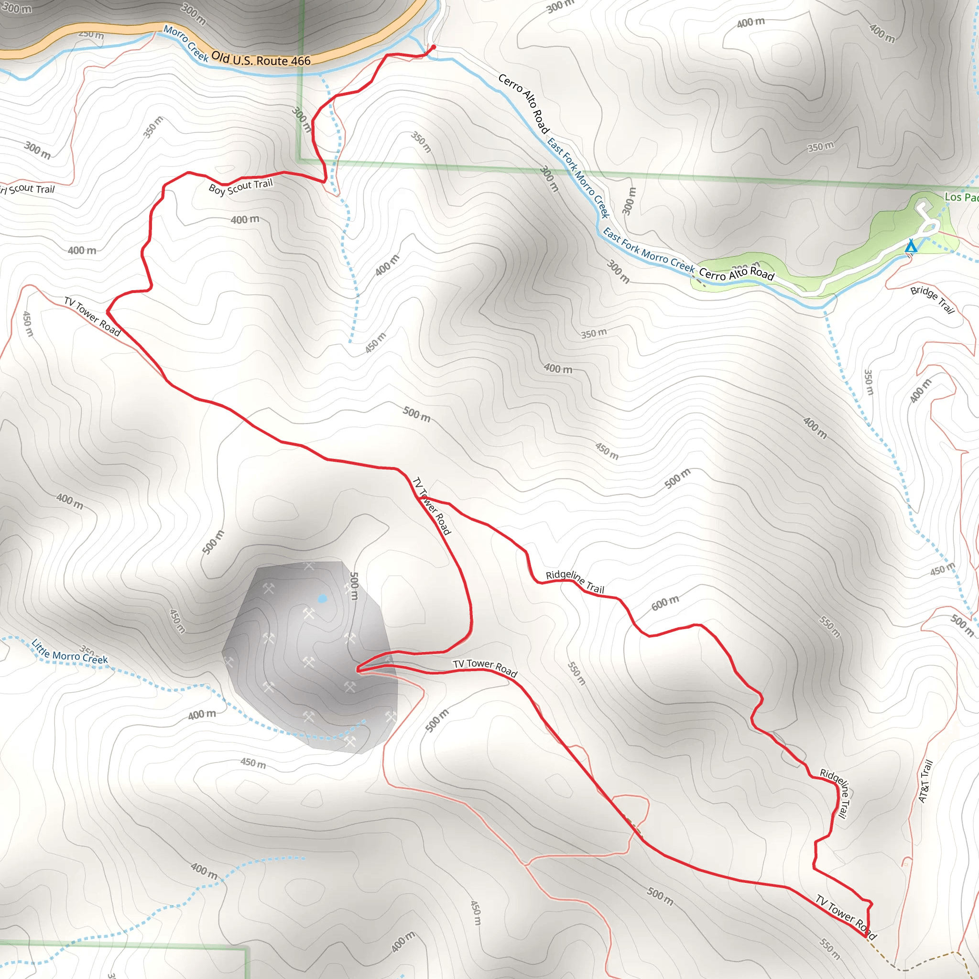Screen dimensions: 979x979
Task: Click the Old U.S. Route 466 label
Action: click(x=261, y=59)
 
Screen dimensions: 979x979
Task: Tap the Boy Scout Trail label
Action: click(x=241, y=186)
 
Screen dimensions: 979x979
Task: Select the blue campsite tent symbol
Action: click(x=911, y=246)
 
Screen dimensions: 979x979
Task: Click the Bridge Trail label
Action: click(x=932, y=299)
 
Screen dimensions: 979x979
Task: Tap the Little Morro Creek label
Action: click(x=69, y=652)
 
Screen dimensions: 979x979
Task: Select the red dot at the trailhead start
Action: click(x=433, y=47)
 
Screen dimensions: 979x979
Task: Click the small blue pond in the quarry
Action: click(x=322, y=598)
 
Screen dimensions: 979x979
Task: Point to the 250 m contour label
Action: click(x=91, y=34)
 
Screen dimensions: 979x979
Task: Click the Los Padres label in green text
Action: click(x=961, y=197)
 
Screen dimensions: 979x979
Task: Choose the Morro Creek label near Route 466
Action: click(x=185, y=43)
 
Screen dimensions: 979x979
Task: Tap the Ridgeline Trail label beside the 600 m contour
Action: click(x=575, y=581)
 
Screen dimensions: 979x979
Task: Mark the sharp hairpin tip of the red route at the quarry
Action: click(x=358, y=670)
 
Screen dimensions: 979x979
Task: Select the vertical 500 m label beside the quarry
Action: click(x=354, y=586)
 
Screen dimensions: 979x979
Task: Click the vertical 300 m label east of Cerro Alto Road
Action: click(x=629, y=201)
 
